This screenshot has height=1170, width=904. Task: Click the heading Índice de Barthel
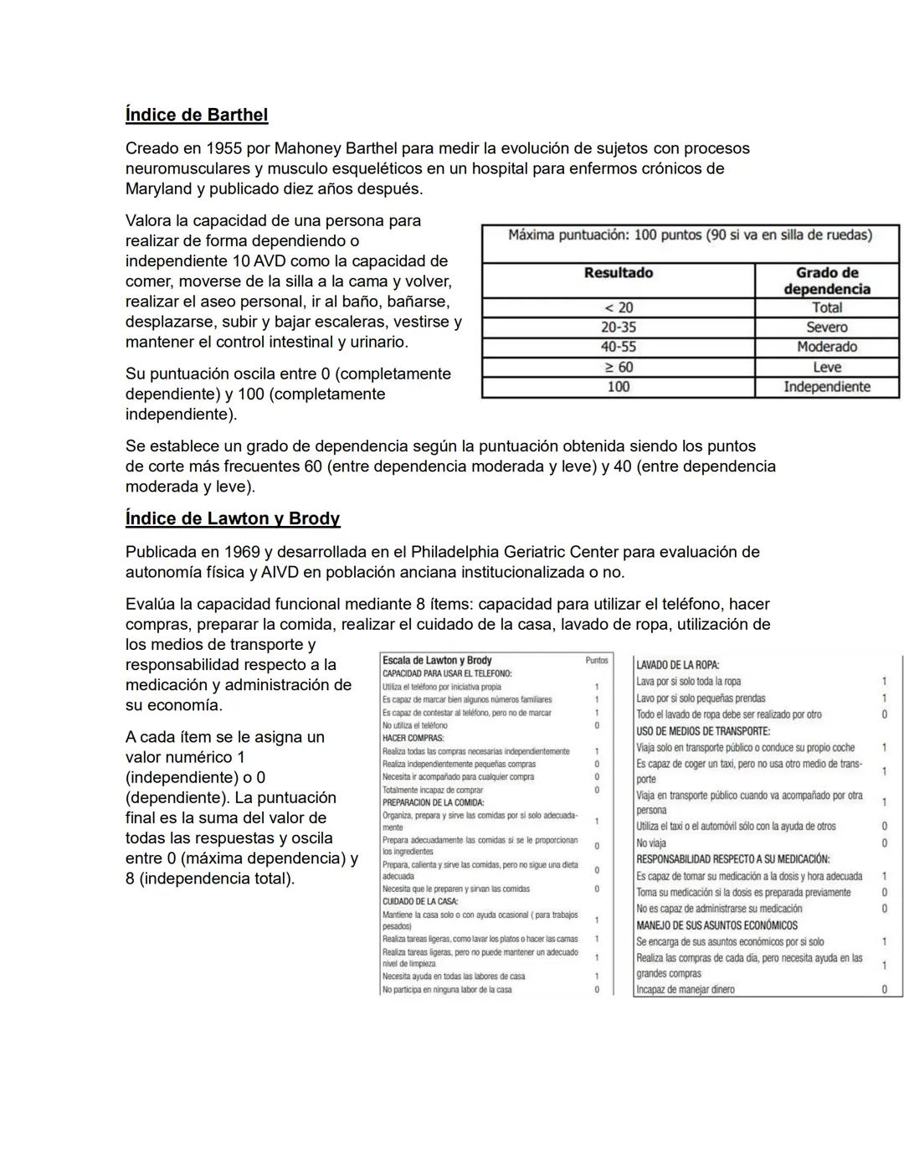point(197,115)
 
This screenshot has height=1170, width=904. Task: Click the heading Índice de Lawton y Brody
point(233,518)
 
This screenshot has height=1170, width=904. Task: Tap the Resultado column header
point(618,273)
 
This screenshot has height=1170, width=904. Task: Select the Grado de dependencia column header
point(826,281)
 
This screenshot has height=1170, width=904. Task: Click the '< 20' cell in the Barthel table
point(618,307)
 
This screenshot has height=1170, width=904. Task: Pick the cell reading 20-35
point(618,327)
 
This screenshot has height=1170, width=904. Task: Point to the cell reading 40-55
point(618,347)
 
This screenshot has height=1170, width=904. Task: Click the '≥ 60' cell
point(618,367)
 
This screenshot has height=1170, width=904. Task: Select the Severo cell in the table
point(826,327)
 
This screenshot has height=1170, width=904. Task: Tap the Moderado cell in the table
point(826,347)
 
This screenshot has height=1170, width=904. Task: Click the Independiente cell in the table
point(826,387)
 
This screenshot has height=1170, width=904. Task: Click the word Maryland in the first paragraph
point(159,188)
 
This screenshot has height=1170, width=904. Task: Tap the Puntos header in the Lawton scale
point(597,660)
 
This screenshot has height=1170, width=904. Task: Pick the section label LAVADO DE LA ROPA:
point(677,665)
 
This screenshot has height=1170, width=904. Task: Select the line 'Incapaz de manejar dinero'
point(686,989)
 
